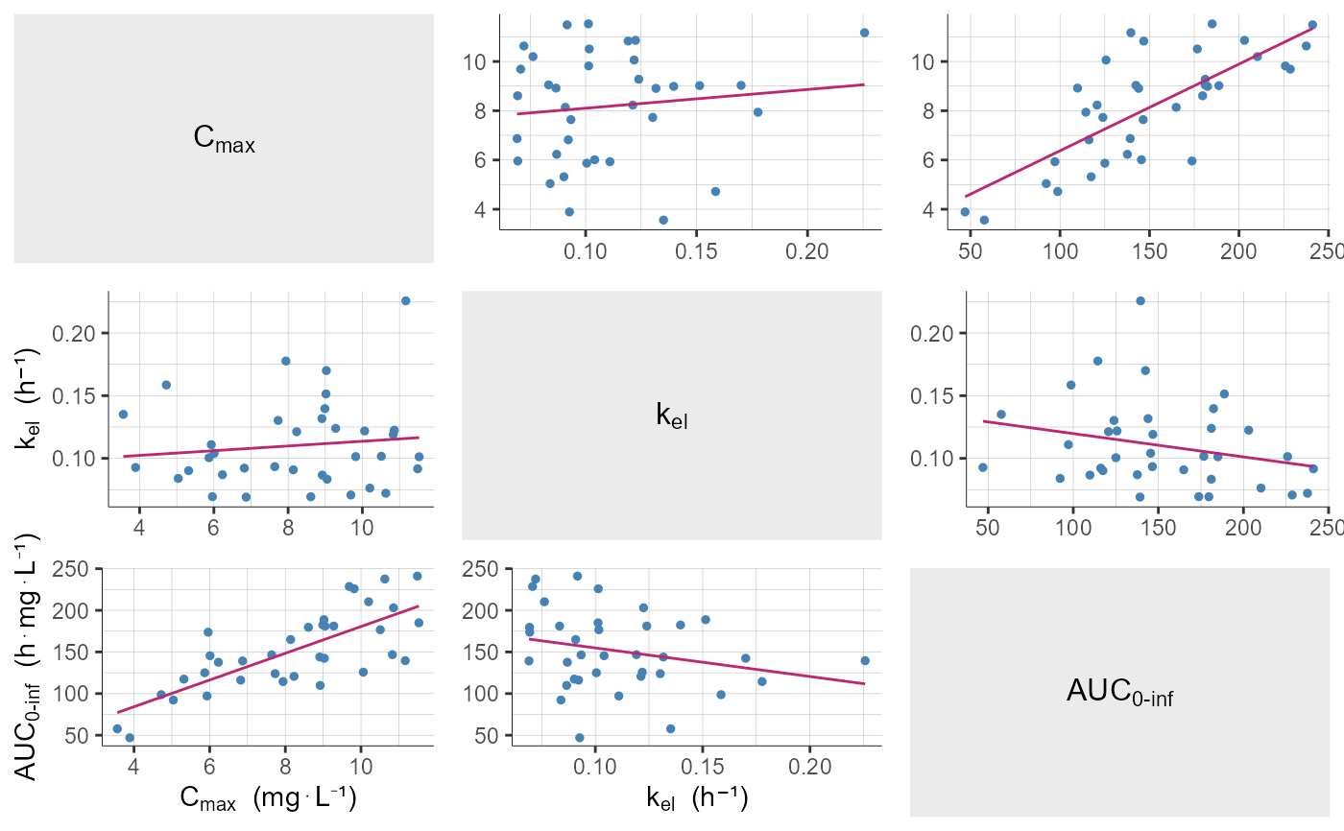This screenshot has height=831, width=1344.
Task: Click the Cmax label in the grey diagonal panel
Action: tap(224, 139)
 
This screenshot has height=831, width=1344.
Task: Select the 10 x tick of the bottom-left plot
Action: tap(361, 769)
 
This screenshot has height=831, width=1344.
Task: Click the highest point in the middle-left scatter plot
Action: tap(405, 300)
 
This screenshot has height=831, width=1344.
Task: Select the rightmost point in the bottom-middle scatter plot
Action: tap(864, 660)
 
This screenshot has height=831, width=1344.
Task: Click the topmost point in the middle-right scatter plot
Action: tap(1140, 300)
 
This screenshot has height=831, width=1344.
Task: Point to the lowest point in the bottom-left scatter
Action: tap(130, 738)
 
